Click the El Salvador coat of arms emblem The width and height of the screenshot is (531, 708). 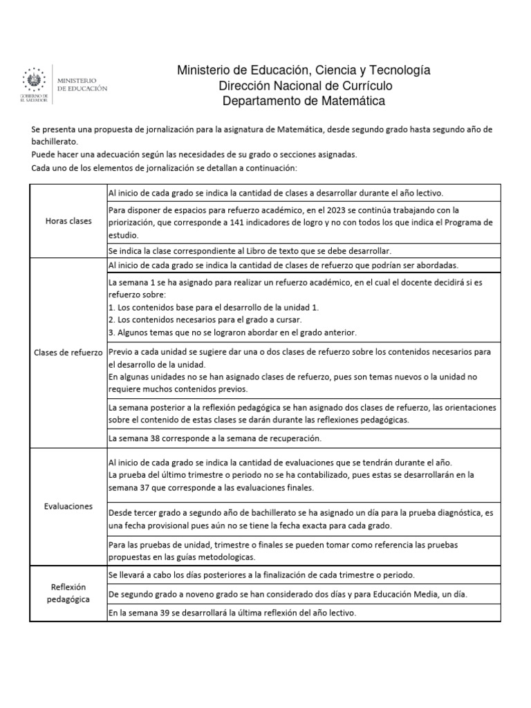pyautogui.click(x=32, y=78)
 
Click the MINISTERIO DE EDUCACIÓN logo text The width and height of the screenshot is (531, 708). pyautogui.click(x=82, y=85)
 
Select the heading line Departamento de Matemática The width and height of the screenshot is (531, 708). pyautogui.click(x=304, y=101)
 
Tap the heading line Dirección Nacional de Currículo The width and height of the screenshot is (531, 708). pyautogui.click(x=305, y=86)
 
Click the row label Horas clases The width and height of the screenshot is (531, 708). pyautogui.click(x=68, y=221)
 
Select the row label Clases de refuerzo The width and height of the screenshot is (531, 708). pyautogui.click(x=68, y=353)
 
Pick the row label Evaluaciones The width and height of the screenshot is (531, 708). pyautogui.click(x=68, y=506)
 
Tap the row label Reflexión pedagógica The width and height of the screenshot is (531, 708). pyautogui.click(x=68, y=593)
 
